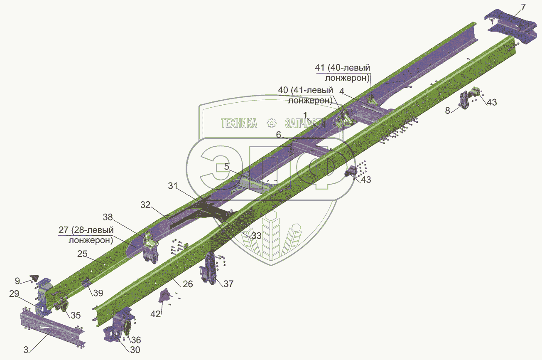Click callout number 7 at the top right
click(x=523, y=7)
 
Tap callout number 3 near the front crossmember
click(x=26, y=350)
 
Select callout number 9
click(x=17, y=281)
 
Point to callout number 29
click(x=14, y=293)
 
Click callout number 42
click(x=155, y=314)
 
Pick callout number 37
click(x=228, y=284)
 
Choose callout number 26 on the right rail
click(x=188, y=284)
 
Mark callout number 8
click(x=448, y=111)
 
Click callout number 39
click(x=98, y=293)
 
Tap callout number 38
click(x=108, y=217)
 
